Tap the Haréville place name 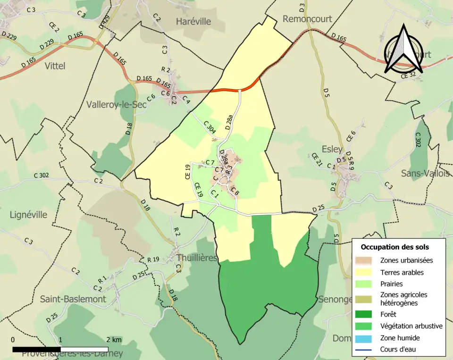pyautogui.click(x=193, y=21)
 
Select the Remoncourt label pyautogui.click(x=307, y=19)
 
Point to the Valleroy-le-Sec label pyautogui.click(x=117, y=105)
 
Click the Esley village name pyautogui.click(x=332, y=149)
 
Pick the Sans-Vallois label pyautogui.click(x=425, y=173)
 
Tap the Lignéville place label pyautogui.click(x=28, y=215)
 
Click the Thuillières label pyautogui.click(x=197, y=258)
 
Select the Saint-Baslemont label pyautogui.click(x=73, y=299)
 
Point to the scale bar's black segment pyautogui.click(x=36, y=350)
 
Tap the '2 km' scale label pyautogui.click(x=114, y=340)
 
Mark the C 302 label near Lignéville pyautogui.click(x=42, y=176)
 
